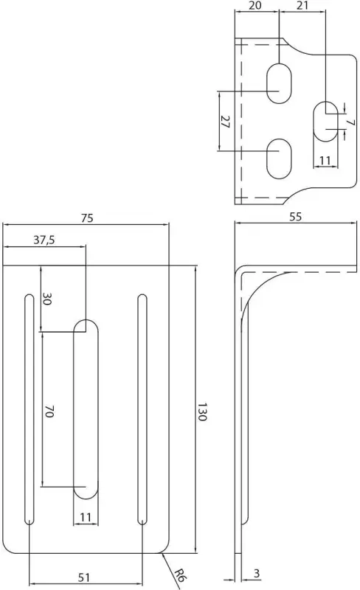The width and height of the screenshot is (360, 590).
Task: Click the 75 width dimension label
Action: coord(86,218)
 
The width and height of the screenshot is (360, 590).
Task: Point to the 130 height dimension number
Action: coord(202,412)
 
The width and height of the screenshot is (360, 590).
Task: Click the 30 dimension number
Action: coord(46,299)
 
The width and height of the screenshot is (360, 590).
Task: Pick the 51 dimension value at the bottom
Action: coord(84,577)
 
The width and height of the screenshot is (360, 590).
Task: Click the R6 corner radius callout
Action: coord(181,574)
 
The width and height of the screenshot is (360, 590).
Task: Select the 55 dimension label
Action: coord(296,217)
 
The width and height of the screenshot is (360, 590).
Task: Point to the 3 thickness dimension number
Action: coord(257,574)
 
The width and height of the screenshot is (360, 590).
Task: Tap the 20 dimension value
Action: coord(256,5)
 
